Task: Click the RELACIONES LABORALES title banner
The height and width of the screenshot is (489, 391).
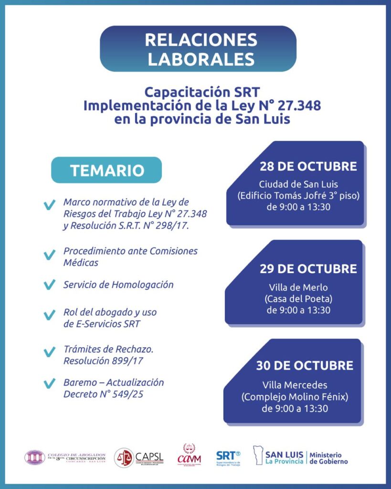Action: [198, 49]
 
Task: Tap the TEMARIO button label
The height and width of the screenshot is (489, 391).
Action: [107, 170]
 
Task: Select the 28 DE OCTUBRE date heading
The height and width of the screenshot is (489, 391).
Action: [308, 167]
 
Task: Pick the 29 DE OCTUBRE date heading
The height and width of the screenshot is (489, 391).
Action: [308, 269]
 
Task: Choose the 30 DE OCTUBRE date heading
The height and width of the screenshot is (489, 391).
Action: [305, 366]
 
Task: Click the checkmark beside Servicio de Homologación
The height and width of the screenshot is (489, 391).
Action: [49, 285]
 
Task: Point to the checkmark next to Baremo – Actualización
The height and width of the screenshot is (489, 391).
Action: [49, 383]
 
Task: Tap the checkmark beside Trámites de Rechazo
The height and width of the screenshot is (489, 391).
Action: [49, 352]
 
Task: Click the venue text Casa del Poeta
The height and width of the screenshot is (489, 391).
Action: [298, 299]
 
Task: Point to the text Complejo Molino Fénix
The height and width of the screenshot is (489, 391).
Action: [295, 397]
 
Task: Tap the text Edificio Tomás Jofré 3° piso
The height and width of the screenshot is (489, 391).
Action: [298, 195]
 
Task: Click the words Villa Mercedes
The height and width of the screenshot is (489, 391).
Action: [295, 385]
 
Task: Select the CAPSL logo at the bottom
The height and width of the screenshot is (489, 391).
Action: [139, 457]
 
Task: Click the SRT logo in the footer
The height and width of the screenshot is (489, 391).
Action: [228, 457]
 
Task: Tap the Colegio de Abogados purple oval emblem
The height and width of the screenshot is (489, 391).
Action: [34, 457]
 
